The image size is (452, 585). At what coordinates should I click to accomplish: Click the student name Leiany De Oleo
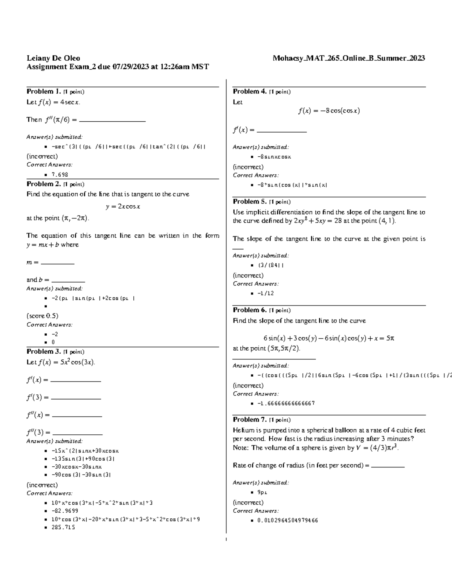pos(53,58)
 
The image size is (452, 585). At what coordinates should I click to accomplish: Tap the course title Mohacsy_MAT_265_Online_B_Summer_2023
pos(349,58)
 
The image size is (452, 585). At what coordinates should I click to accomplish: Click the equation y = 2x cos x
pos(123,206)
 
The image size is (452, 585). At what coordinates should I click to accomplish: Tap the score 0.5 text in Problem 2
pos(42,316)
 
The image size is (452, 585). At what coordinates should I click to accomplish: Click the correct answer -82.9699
pos(65,511)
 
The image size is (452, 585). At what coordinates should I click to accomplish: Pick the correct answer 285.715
pos(63,527)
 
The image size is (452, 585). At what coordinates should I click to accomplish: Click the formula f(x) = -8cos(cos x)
pos(329,111)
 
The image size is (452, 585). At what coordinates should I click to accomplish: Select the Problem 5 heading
pos(250,202)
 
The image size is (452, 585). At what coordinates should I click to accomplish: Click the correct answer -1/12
pos(266,293)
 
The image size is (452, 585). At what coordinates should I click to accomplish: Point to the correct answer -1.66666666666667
pos(286,403)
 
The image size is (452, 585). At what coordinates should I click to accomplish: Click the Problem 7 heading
pos(250,420)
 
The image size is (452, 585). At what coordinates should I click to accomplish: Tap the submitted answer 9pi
pos(262,492)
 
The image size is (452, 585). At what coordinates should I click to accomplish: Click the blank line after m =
pos(57,263)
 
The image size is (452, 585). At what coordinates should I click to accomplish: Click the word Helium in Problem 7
pos(243,430)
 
